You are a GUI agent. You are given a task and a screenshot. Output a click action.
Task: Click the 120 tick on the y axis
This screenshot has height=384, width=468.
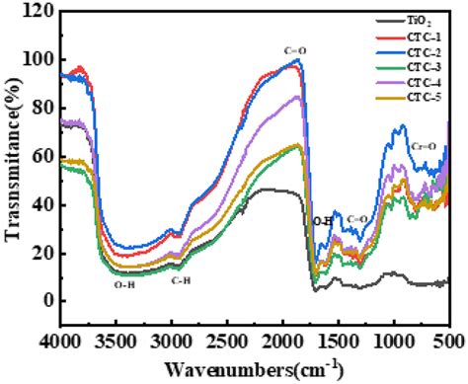[x=39, y=11]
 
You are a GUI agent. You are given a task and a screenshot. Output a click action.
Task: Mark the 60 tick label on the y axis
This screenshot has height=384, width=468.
[x=42, y=156]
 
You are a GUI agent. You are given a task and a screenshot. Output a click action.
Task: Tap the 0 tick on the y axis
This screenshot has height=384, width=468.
[x=46, y=301]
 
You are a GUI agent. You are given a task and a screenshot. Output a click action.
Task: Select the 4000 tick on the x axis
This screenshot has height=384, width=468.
[x=60, y=341]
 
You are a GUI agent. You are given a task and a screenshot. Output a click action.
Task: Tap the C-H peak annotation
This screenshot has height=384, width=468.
[x=182, y=280]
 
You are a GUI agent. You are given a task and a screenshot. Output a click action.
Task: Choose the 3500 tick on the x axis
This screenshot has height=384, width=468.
[x=116, y=341]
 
